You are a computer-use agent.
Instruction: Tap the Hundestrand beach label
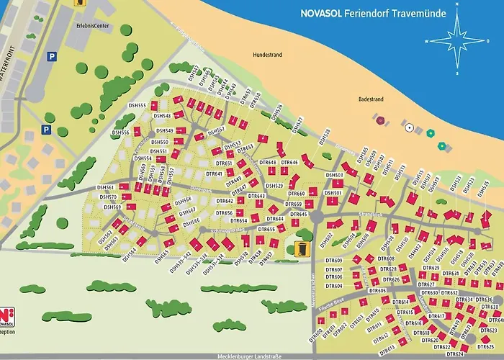pyautogui.click(x=268, y=55)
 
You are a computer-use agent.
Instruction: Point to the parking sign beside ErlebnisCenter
pyautogui.click(x=51, y=55)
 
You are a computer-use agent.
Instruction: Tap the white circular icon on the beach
pyautogui.click(x=409, y=127)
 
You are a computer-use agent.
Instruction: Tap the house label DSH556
pyautogui.click(x=120, y=133)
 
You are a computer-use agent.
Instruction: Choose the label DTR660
pyautogui.click(x=296, y=194)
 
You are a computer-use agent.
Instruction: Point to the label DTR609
pyautogui.click(x=334, y=260)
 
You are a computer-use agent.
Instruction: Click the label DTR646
pyautogui.click(x=289, y=163)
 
